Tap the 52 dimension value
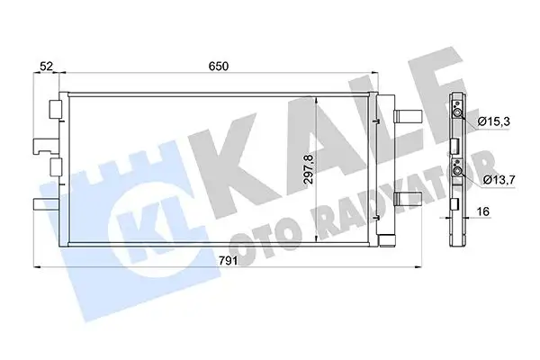click(46, 67)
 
